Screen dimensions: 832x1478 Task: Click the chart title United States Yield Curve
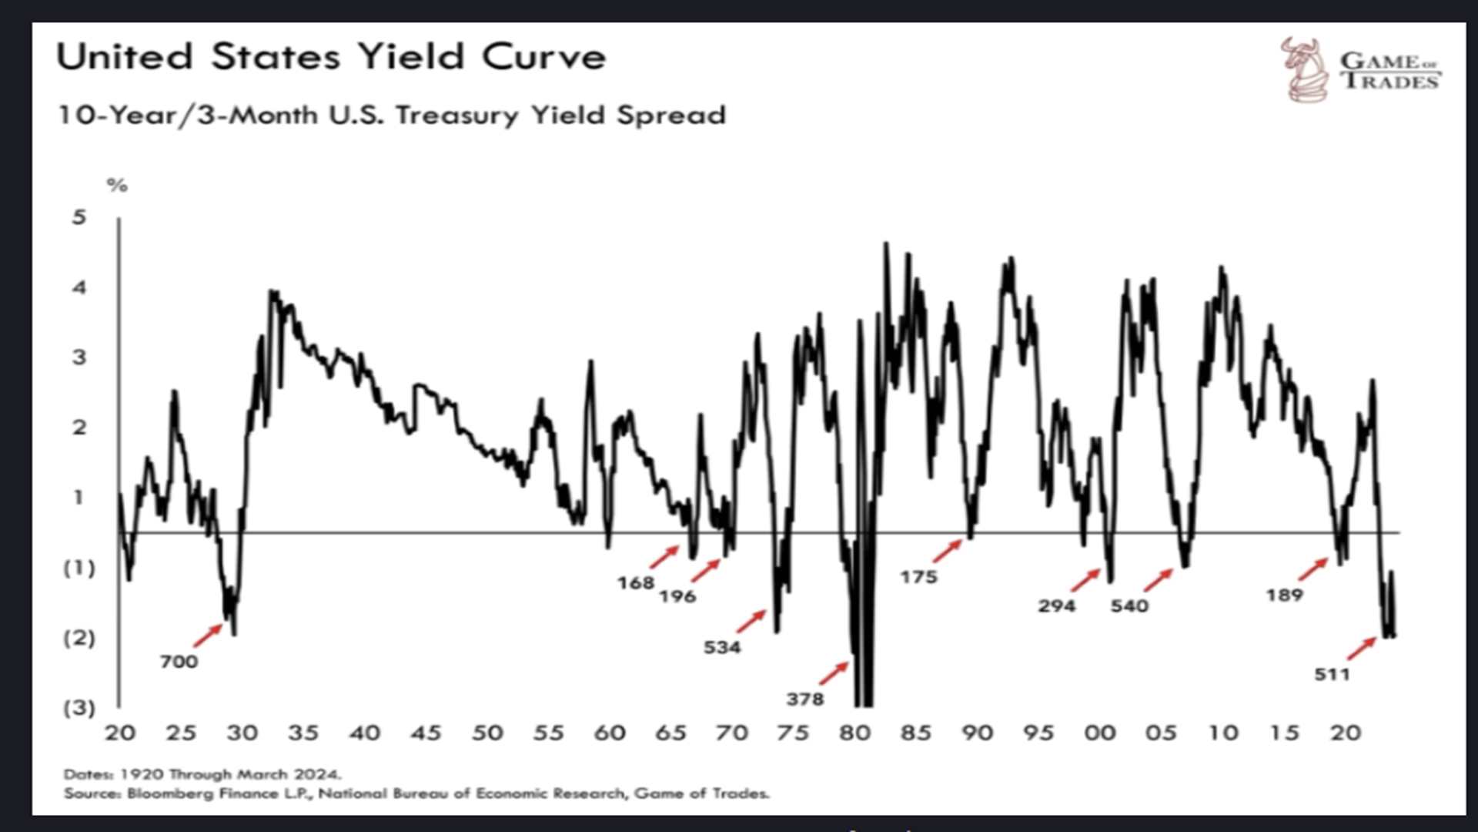tap(331, 57)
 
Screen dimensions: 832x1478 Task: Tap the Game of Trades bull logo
tap(1305, 69)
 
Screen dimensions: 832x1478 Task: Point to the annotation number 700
tap(179, 662)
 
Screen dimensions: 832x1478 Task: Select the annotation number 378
tap(805, 699)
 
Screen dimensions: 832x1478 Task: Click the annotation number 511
tap(1332, 674)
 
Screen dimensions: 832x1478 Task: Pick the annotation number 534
tap(722, 647)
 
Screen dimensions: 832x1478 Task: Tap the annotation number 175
tap(919, 577)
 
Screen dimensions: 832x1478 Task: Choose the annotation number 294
tap(1056, 606)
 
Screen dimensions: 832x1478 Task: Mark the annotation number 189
tap(1284, 595)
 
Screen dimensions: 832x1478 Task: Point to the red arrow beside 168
tap(664, 556)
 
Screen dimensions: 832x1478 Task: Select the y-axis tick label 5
tap(79, 217)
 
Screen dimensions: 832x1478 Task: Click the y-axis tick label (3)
tap(79, 707)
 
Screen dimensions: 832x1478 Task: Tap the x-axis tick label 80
tap(854, 733)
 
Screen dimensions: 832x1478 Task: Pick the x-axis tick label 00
tap(1099, 733)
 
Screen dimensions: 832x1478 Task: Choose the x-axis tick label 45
tap(426, 733)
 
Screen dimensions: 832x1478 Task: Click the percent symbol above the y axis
tap(117, 186)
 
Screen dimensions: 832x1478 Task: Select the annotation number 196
tap(677, 596)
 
